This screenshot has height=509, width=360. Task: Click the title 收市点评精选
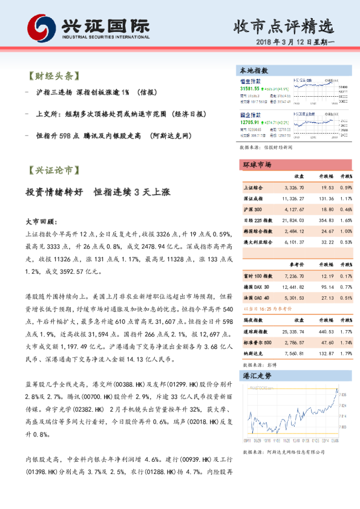pyautogui.click(x=283, y=26)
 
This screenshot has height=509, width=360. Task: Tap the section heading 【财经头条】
pyautogui.click(x=53, y=77)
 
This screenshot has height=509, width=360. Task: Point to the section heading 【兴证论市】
pyautogui.click(x=53, y=170)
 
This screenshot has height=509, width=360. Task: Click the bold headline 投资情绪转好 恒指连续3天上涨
pyautogui.click(x=97, y=192)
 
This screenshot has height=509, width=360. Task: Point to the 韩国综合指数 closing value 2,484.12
pyautogui.click(x=301, y=232)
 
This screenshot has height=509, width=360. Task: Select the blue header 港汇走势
pyautogui.click(x=257, y=376)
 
